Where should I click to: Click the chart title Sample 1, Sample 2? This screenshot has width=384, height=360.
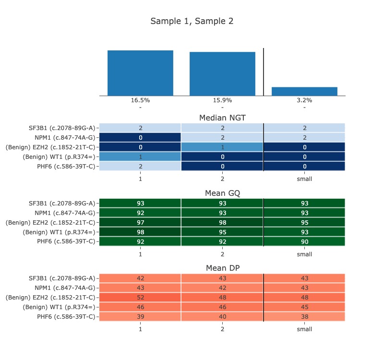[x=192, y=21]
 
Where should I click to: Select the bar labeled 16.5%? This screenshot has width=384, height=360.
[x=140, y=72]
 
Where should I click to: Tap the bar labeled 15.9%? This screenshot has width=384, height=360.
[x=222, y=73]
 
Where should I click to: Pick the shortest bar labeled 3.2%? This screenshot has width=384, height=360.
[x=304, y=91]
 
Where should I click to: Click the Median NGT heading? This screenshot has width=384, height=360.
[x=222, y=118]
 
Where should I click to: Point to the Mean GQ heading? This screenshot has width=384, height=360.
[x=222, y=193]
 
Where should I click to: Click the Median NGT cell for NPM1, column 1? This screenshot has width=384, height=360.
[x=140, y=137]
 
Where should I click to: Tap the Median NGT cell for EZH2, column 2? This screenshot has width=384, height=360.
[x=222, y=147]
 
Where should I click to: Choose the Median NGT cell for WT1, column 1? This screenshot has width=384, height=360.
[x=140, y=156]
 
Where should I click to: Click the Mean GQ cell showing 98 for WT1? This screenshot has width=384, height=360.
[x=140, y=232]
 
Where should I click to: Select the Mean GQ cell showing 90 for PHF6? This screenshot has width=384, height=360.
[x=304, y=241]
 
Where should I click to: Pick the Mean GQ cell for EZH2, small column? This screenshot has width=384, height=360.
[x=304, y=222]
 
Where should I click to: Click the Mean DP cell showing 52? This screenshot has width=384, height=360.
[x=140, y=298]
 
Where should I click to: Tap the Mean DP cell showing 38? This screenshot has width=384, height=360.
[x=304, y=317]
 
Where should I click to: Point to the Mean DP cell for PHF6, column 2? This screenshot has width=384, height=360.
[x=222, y=317]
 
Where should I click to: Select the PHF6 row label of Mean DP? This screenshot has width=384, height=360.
[x=66, y=317]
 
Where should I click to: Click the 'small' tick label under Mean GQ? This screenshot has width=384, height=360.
[x=304, y=254]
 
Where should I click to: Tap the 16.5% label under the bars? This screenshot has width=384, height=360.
[x=140, y=100]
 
